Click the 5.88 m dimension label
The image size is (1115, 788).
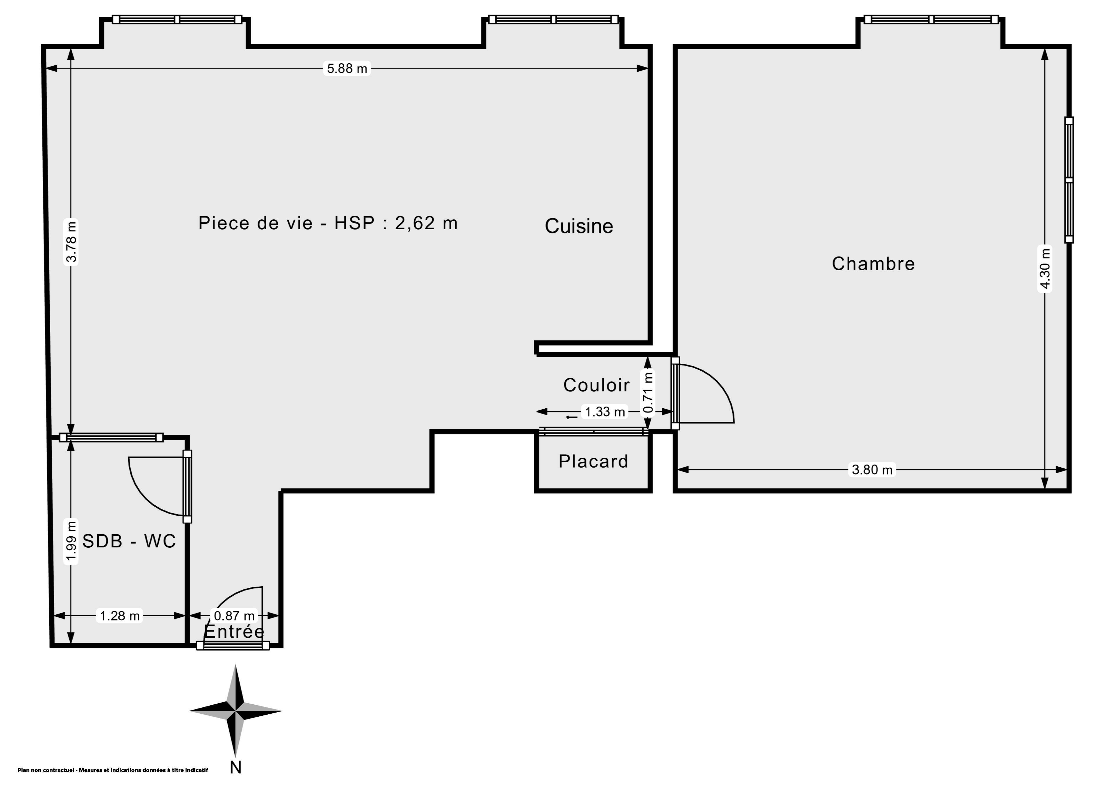click(347, 68)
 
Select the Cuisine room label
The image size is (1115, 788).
click(579, 226)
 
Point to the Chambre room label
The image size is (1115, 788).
click(873, 264)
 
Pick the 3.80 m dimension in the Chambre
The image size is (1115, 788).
click(872, 470)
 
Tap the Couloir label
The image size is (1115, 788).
click(596, 385)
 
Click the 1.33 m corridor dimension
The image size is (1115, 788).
click(605, 412)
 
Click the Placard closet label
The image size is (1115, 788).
click(594, 461)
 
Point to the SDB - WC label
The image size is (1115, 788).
click(129, 541)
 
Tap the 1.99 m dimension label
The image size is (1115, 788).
click(71, 541)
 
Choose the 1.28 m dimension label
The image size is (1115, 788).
click(119, 616)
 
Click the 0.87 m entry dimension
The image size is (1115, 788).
click(234, 616)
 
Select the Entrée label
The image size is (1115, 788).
click(234, 631)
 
